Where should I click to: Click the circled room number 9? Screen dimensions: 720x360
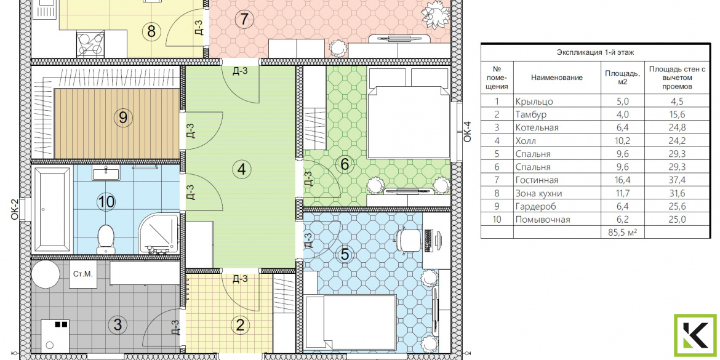click(x=122, y=118)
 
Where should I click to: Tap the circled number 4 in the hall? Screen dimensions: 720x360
click(x=241, y=170)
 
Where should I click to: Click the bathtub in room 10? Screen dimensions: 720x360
click(x=52, y=209)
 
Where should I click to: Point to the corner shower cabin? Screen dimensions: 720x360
click(x=159, y=233)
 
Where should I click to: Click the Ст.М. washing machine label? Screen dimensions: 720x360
click(x=83, y=274)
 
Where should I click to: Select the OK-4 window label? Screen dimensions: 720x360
click(x=468, y=131)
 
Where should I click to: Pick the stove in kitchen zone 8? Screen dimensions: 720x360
click(x=90, y=44)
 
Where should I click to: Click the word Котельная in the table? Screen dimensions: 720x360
click(x=537, y=127)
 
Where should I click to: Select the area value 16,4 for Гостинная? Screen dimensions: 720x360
click(x=615, y=180)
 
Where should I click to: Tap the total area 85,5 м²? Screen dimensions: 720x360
click(x=622, y=233)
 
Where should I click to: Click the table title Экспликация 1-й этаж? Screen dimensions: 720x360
click(x=595, y=53)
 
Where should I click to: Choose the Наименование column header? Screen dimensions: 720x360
click(x=556, y=78)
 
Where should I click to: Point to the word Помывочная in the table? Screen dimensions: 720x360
click(x=543, y=220)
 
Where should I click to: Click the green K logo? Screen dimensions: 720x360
click(x=695, y=336)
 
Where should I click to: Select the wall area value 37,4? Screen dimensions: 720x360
click(x=676, y=180)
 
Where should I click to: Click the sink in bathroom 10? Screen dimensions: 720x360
click(x=106, y=173)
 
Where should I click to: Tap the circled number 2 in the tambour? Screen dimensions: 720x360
click(x=240, y=326)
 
